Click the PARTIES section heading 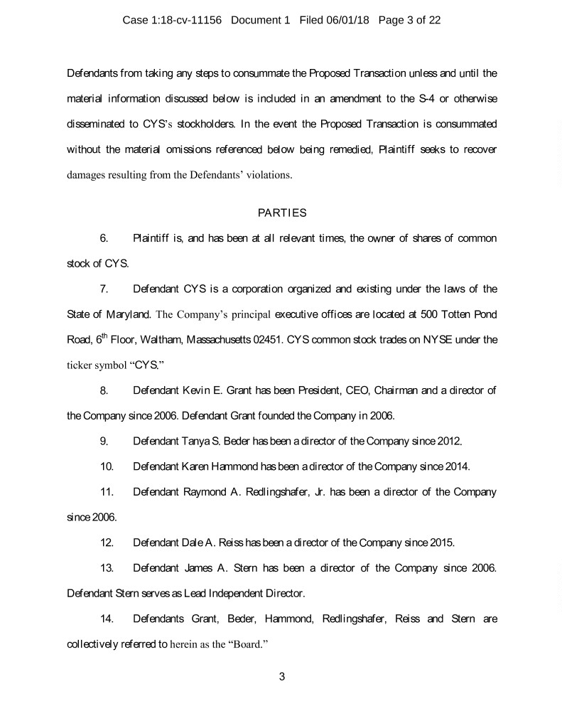(x=281, y=212)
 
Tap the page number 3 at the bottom (x=281, y=676)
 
